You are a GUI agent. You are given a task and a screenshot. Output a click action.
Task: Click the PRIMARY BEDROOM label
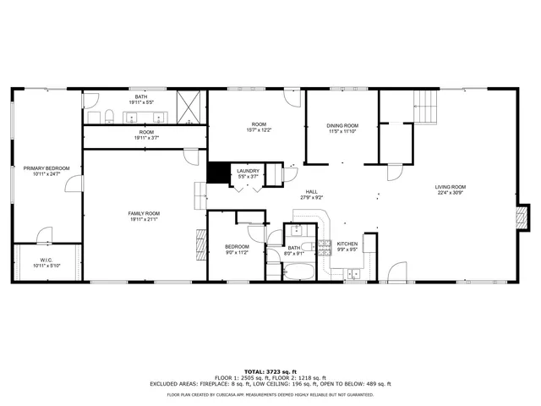46,168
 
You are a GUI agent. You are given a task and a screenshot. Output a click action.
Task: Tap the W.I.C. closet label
46,260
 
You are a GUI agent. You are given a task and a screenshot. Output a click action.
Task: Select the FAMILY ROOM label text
144,213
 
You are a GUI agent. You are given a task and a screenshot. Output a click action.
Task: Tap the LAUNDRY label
248,171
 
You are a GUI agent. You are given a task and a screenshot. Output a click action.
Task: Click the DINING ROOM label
342,125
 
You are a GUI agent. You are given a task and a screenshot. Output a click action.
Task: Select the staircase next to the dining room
427,107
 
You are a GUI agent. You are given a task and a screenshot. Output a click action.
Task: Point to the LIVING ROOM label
451,187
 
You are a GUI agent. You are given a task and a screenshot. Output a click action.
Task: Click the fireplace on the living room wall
523,216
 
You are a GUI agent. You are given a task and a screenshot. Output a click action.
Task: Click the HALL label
312,192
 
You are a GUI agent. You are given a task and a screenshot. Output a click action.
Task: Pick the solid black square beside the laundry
220,172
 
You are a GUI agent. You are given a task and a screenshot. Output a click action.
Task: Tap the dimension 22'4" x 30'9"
451,193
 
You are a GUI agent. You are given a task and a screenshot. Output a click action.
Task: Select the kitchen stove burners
325,247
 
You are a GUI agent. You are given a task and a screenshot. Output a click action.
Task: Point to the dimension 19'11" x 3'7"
146,138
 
